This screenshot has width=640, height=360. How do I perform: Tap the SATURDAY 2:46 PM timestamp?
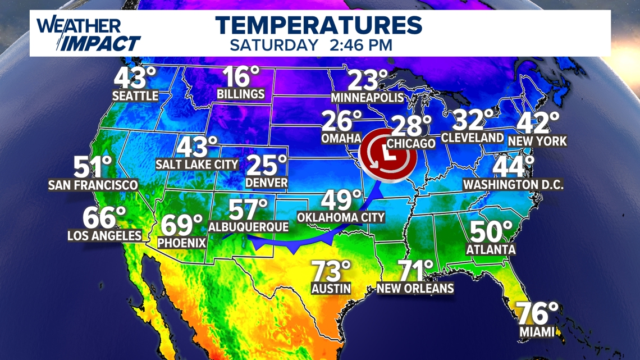coord(311,45)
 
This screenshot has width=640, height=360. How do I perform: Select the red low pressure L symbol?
coord(387,151)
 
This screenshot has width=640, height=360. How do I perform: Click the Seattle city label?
coord(135,96)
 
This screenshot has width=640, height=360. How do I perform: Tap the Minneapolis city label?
coord(367,98)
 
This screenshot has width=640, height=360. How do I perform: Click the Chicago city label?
coord(411,144)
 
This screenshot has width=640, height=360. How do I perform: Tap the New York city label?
coord(537,141)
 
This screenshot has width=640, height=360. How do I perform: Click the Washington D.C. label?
coord(513,184)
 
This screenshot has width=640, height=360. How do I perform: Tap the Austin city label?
coord(331,289)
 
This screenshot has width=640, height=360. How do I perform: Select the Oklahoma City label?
coord(341,217)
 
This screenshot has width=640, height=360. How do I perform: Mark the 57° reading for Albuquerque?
coord(248,210)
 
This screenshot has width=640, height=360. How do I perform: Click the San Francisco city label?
coord(93,185)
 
